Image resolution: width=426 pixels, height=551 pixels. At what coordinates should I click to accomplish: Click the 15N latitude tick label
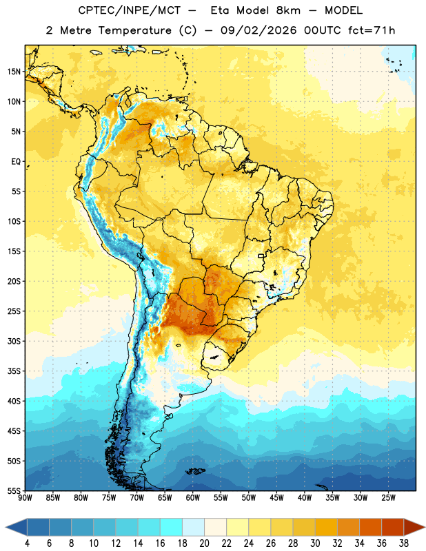pos(14,72)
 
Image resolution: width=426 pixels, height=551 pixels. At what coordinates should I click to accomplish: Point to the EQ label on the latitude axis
pos(16,162)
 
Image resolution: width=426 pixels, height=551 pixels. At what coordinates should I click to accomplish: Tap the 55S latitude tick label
pos(14,490)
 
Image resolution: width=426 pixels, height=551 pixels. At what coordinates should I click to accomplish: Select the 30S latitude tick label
pos(14,341)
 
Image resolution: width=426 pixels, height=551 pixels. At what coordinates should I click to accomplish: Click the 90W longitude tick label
pos(25,497)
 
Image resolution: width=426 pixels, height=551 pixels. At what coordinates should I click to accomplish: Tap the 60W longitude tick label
pos(193,497)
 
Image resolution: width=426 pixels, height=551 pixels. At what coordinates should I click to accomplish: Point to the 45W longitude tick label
pos(276,497)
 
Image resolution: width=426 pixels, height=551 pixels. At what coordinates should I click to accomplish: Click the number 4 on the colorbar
pos(27,543)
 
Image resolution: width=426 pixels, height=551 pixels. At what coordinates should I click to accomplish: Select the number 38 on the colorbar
pos(404,543)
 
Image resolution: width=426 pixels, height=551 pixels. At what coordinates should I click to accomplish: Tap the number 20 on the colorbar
pos(204,543)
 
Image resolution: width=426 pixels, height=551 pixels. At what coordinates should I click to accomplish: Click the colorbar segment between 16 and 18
pos(172,528)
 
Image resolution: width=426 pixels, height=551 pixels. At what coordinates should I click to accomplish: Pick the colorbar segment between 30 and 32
pos(326,528)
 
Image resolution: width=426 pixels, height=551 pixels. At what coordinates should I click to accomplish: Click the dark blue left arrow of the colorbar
pos(17,528)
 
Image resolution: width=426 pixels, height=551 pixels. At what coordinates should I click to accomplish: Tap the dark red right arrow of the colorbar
pos(414,528)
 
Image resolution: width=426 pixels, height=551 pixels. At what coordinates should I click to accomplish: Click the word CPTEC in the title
pos(90,10)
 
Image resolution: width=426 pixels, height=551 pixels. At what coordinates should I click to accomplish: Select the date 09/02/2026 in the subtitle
pos(258,30)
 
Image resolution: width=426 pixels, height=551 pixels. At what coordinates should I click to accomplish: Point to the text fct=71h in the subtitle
pos(372,30)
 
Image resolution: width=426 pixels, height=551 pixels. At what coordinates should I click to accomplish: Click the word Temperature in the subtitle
pos(134,30)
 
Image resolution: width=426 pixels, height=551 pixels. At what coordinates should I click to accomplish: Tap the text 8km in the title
pos(288,10)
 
